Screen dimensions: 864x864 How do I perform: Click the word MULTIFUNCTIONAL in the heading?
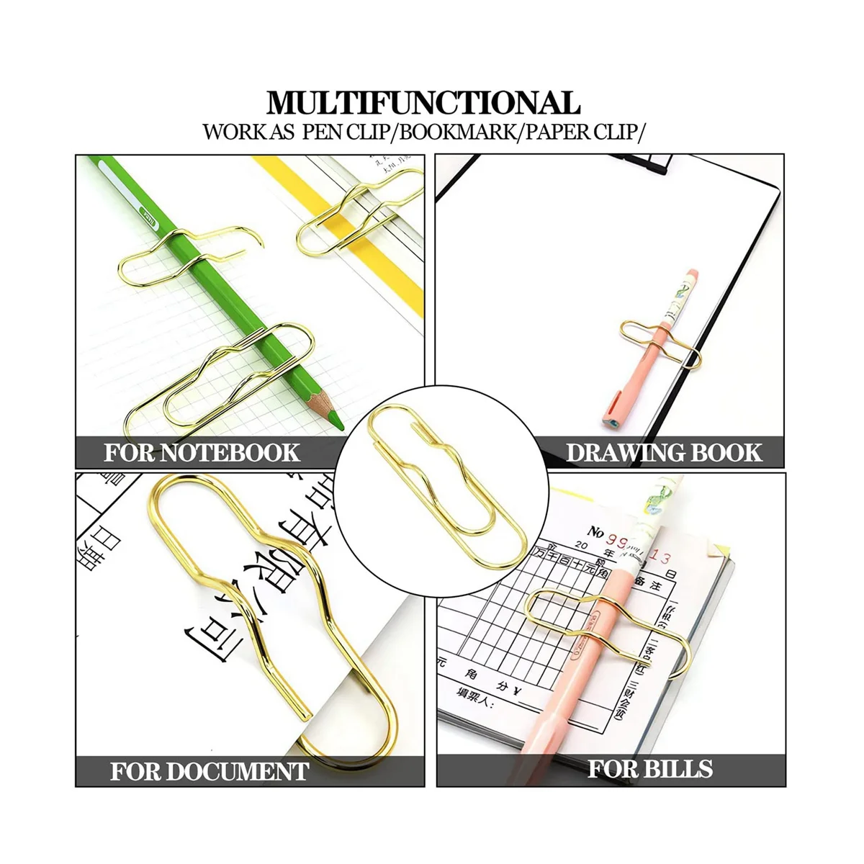pos(423,102)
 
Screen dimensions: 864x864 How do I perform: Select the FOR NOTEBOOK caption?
pos(202,453)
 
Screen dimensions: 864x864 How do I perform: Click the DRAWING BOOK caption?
pos(663,453)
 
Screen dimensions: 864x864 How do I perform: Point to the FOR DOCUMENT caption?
pos(210,771)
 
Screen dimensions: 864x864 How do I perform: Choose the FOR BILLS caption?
pos(649,769)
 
